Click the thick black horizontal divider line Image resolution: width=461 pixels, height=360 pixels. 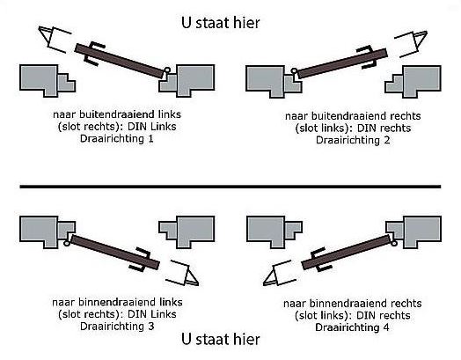click(230, 187)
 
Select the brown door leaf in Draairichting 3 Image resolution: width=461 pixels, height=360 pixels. click(113, 249)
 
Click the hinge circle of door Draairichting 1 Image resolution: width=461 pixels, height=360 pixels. click(167, 70)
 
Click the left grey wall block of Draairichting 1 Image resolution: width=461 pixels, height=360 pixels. click(43, 79)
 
